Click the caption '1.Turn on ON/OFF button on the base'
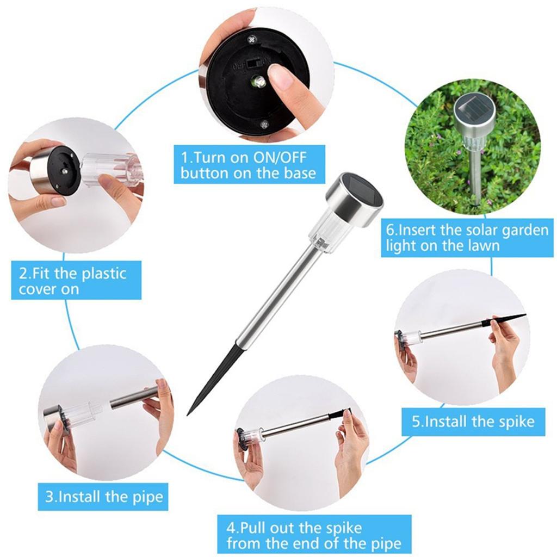click(x=249, y=165)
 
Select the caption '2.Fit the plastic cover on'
click(x=76, y=281)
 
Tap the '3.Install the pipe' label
click(x=103, y=496)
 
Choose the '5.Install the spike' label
click(x=473, y=422)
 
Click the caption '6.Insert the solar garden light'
click(x=467, y=238)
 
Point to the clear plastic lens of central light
click(x=325, y=234)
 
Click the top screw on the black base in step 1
click(x=252, y=39)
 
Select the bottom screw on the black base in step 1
click(x=264, y=125)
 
